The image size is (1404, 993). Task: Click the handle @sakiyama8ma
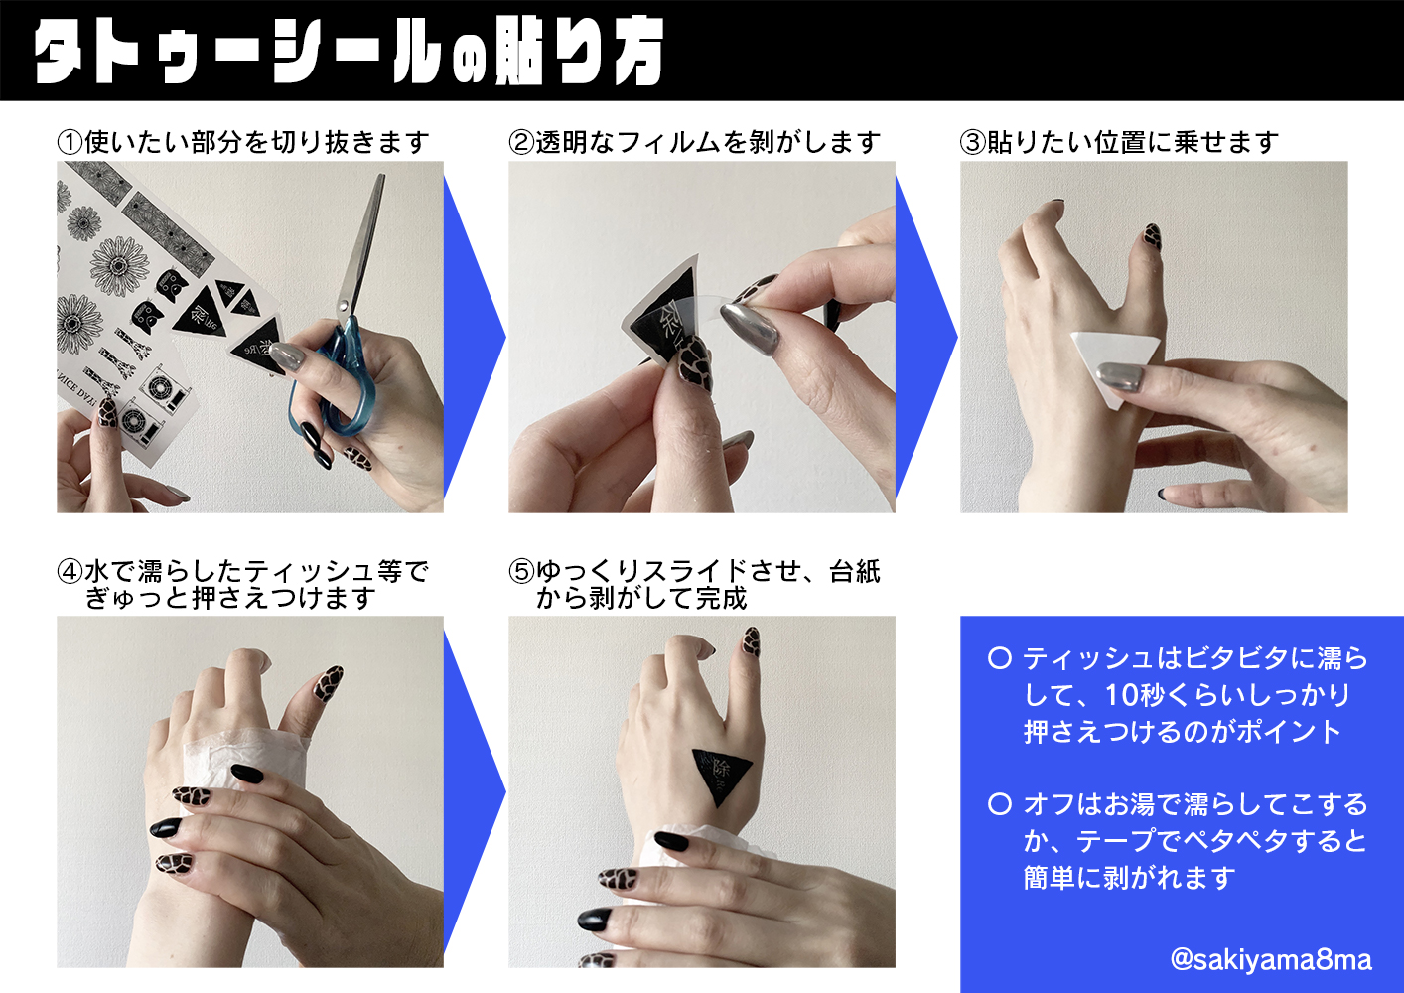[1271, 960]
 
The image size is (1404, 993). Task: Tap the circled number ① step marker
[70, 142]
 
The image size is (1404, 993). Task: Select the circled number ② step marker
[521, 142]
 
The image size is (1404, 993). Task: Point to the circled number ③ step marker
[973, 142]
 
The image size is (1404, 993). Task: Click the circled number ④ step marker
[70, 572]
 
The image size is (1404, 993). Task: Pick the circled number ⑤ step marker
[521, 572]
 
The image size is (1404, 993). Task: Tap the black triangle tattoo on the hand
[721, 775]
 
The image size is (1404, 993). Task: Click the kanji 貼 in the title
[517, 53]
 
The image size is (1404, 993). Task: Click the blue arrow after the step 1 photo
[474, 338]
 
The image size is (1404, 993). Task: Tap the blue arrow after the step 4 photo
[474, 792]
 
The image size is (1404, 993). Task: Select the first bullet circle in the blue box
[1000, 658]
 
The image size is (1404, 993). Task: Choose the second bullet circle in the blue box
[1000, 804]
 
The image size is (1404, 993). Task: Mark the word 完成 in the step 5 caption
[722, 599]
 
